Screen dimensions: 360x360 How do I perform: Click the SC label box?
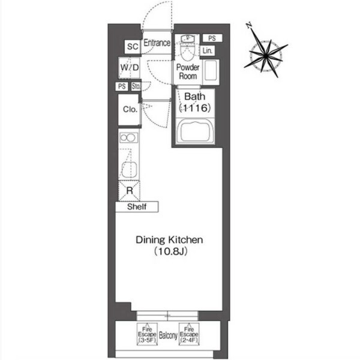click(x=133, y=47)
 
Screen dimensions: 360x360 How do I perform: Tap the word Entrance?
click(x=157, y=43)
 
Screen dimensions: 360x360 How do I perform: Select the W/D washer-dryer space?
click(x=130, y=67)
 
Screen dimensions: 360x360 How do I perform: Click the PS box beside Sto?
click(x=122, y=86)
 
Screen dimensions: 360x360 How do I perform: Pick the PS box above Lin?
click(x=212, y=38)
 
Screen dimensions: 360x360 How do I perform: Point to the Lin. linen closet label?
click(x=208, y=50)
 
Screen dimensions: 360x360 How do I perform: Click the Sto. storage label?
click(x=136, y=86)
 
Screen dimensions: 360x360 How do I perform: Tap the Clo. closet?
click(x=130, y=110)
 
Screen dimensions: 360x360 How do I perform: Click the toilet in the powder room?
click(x=188, y=50)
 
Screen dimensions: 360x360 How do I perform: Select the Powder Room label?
click(x=188, y=71)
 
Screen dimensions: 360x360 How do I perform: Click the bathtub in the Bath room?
click(x=195, y=131)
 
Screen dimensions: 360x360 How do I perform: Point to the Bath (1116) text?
click(x=195, y=102)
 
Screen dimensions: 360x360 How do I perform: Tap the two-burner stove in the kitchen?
click(x=128, y=138)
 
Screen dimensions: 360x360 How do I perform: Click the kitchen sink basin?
click(x=129, y=170)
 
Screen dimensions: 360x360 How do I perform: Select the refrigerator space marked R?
click(x=129, y=191)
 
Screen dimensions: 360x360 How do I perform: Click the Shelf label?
click(x=137, y=206)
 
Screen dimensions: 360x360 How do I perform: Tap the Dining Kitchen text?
click(x=169, y=240)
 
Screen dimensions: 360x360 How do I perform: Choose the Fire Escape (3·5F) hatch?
click(x=147, y=334)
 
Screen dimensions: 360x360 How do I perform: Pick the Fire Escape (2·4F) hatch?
click(x=189, y=334)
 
